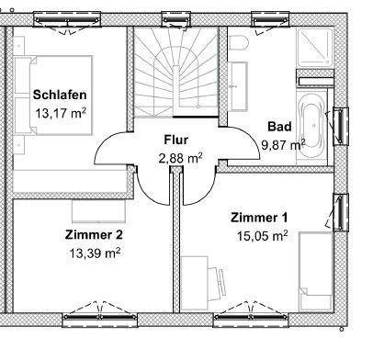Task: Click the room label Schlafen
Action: click(x=60, y=95)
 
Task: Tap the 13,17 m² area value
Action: click(x=60, y=114)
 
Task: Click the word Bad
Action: click(x=279, y=126)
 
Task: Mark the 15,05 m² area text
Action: click(x=263, y=235)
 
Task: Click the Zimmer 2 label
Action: click(x=94, y=234)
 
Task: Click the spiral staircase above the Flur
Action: click(x=175, y=73)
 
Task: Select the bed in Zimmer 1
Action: click(x=317, y=271)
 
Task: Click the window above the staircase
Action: click(x=175, y=17)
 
